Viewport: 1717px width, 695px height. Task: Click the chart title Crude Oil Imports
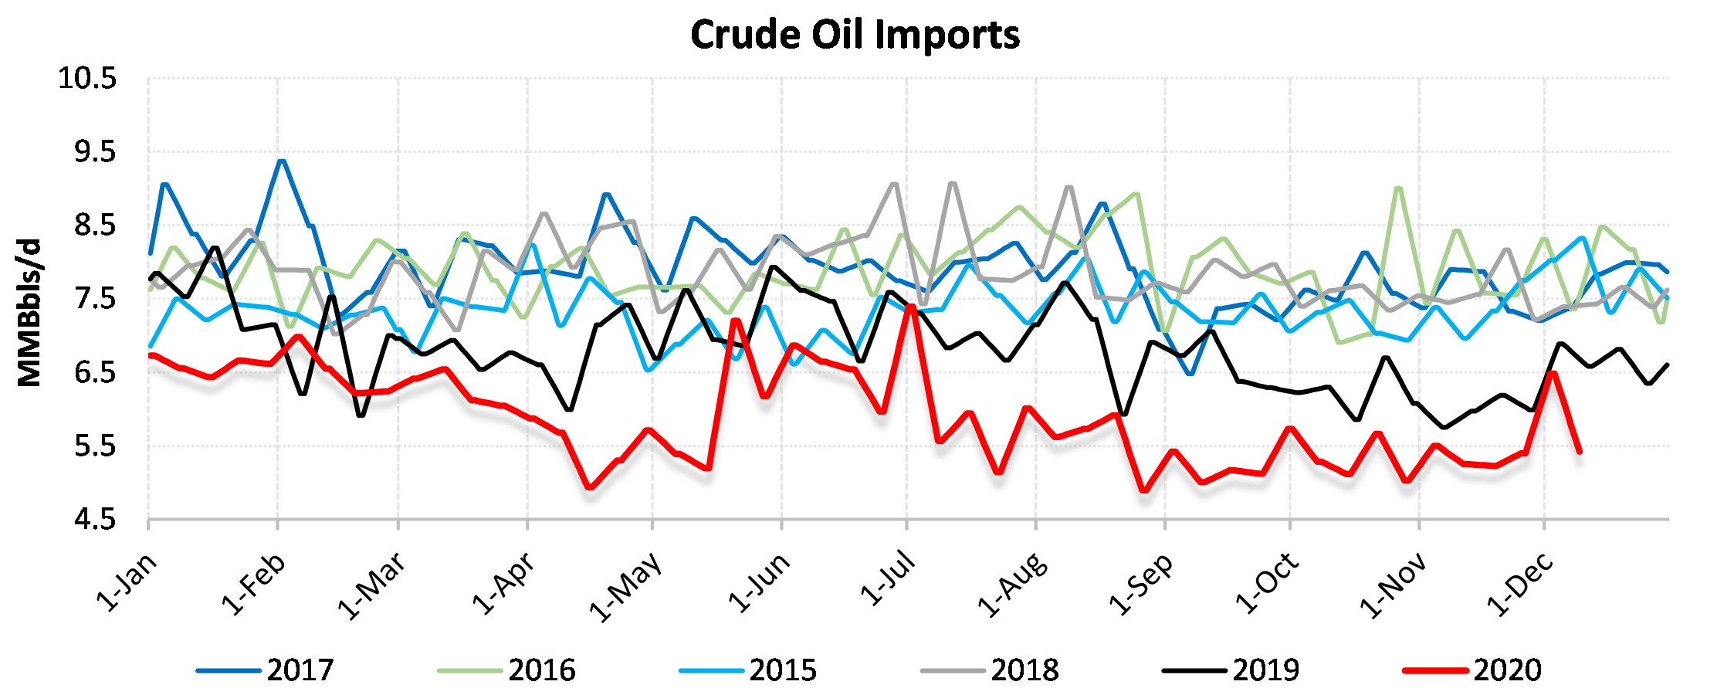[855, 35]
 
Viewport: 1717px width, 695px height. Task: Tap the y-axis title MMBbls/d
[29, 313]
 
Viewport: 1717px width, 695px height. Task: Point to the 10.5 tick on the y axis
[87, 78]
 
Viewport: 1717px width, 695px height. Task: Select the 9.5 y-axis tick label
[95, 152]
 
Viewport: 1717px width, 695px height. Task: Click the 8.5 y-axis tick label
[95, 225]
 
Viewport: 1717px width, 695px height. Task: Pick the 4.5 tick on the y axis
[95, 520]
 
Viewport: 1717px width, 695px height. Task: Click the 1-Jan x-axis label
[127, 583]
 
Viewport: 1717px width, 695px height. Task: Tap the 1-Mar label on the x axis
[372, 586]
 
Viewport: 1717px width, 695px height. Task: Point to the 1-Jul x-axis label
[888, 580]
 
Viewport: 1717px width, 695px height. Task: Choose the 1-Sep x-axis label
[1141, 585]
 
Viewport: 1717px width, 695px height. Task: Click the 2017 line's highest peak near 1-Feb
[281, 161]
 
